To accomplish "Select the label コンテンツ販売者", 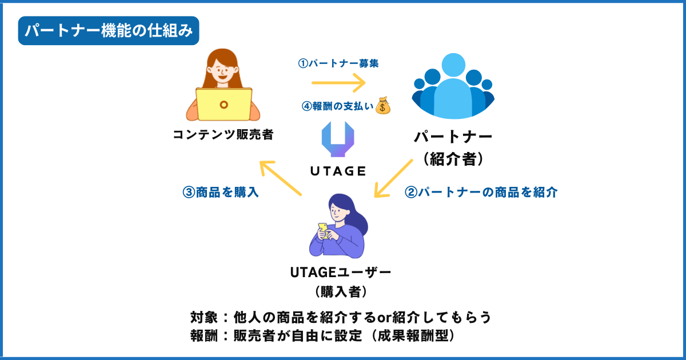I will tap(223, 135).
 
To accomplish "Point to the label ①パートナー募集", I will tap(338, 63).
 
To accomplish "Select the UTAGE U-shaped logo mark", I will tap(338, 139).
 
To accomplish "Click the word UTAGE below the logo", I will tap(338, 171).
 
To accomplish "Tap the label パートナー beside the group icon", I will tap(453, 138).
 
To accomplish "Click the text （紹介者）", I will tap(453, 159).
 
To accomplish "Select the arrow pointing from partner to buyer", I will tap(393, 178).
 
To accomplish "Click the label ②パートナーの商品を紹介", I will tap(481, 193).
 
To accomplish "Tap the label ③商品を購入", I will tap(221, 193).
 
